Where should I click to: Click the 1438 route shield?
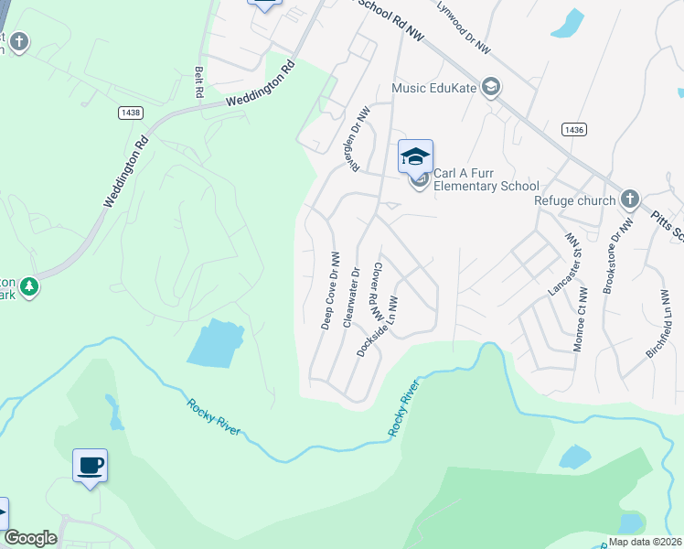point(131,112)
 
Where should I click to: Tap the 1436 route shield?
point(574,131)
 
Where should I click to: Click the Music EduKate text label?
point(433,88)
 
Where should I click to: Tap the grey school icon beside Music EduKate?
point(490,87)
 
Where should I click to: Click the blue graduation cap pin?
point(415,156)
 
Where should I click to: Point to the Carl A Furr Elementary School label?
point(486,179)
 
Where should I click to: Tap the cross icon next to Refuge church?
point(630,199)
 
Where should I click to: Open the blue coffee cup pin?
point(91,466)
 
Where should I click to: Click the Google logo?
point(30,538)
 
